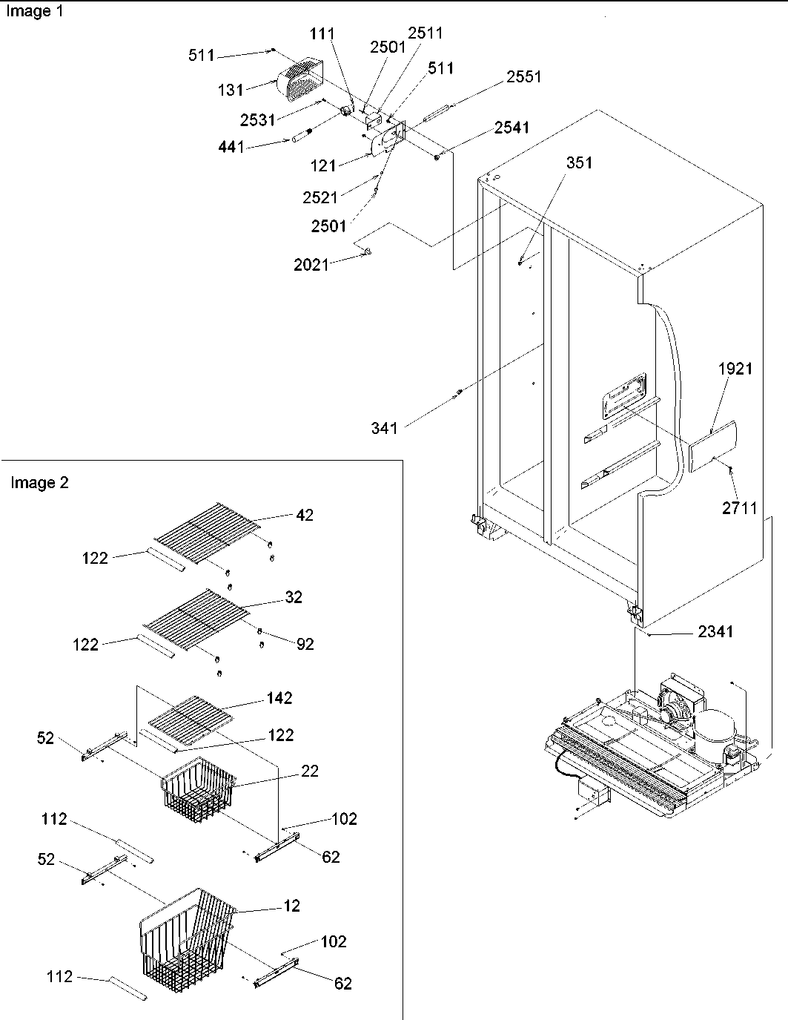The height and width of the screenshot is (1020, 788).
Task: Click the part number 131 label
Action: pos(231,90)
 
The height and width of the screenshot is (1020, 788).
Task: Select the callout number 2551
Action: pos(524,77)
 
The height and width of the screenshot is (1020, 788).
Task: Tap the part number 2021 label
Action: pos(311,264)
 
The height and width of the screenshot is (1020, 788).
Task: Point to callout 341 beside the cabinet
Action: pos(385,427)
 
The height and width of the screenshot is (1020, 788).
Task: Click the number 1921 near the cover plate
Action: pos(735,369)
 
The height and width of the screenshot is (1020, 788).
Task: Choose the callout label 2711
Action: pos(739,507)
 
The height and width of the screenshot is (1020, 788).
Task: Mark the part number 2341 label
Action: pos(715,631)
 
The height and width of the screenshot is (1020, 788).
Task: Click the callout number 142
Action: pos(279,698)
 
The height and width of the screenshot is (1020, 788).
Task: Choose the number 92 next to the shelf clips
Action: pos(305,644)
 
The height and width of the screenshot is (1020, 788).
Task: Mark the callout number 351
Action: pos(579,163)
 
